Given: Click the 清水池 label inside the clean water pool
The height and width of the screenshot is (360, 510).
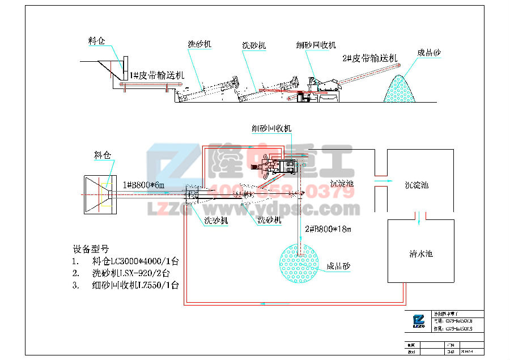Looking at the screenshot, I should coord(421,254).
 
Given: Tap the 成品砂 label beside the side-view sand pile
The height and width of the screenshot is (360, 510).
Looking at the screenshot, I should coord(430,53).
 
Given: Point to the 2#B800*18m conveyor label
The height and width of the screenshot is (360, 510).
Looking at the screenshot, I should coord(329,230).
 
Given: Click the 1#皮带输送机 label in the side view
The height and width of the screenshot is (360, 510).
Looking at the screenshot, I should coord(157,75).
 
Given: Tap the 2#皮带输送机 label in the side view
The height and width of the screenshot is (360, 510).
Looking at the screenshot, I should coord(369,58).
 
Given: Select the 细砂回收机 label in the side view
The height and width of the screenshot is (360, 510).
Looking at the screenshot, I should coord(316,45).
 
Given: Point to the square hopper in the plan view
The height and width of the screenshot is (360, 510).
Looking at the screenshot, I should coord(100,194).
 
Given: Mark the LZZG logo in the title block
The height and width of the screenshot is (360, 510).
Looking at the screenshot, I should coord(418,321).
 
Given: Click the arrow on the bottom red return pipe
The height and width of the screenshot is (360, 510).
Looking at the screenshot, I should coord(262,304).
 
